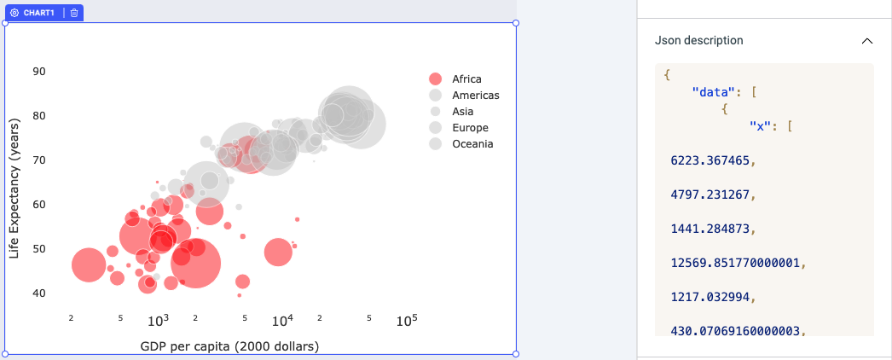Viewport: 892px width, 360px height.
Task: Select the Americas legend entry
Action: pyautogui.click(x=475, y=96)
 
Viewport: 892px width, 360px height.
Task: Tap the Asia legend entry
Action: pyautogui.click(x=462, y=112)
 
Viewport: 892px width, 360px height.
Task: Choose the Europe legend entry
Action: pyautogui.click(x=470, y=128)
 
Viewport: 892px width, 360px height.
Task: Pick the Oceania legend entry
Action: pyautogui.click(x=472, y=144)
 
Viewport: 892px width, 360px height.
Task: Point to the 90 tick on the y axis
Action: pyautogui.click(x=39, y=71)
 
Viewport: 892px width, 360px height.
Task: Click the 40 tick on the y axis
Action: pyautogui.click(x=39, y=293)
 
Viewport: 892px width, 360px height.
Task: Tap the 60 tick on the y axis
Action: pyautogui.click(x=39, y=205)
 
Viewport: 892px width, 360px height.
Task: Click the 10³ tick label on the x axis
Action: pyautogui.click(x=159, y=321)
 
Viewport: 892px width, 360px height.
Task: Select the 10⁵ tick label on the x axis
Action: pyautogui.click(x=407, y=321)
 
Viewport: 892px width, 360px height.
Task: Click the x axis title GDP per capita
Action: pyautogui.click(x=229, y=346)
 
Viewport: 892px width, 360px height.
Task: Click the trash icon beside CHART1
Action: pyautogui.click(x=74, y=13)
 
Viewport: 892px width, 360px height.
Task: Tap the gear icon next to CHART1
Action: pyautogui.click(x=14, y=13)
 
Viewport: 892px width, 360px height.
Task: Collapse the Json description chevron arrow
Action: pyautogui.click(x=866, y=41)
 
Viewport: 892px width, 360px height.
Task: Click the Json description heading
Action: pyautogui.click(x=698, y=40)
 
